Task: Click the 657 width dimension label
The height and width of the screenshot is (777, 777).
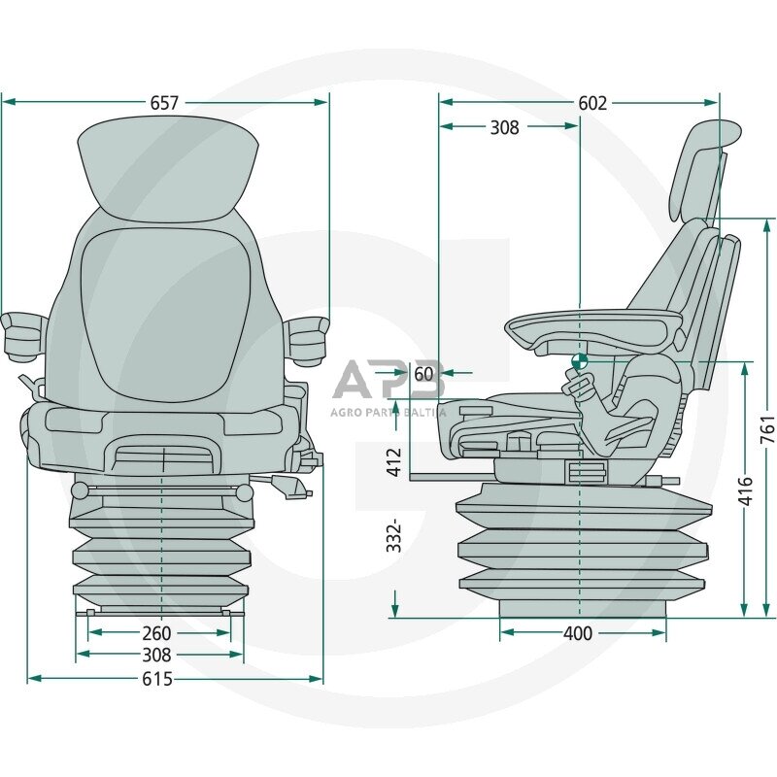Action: tap(164, 103)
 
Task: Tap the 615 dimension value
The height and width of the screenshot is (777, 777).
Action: tap(156, 679)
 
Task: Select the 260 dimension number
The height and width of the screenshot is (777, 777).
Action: tap(156, 634)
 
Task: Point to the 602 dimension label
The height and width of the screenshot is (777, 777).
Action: tap(591, 103)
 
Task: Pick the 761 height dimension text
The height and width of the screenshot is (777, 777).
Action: tap(766, 424)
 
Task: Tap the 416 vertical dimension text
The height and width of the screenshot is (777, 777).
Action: tap(745, 490)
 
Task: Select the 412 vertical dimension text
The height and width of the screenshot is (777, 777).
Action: tap(393, 460)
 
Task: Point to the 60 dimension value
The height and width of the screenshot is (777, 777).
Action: tap(423, 373)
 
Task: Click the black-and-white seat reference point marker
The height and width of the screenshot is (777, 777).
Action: tap(579, 360)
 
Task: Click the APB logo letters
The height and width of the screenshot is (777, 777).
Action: tap(388, 381)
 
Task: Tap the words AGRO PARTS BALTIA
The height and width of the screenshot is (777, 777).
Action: tap(388, 411)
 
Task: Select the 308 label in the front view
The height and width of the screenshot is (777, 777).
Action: tap(156, 656)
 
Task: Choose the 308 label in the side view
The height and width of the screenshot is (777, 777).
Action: tap(504, 127)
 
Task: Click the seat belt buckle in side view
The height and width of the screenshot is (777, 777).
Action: tap(580, 388)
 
